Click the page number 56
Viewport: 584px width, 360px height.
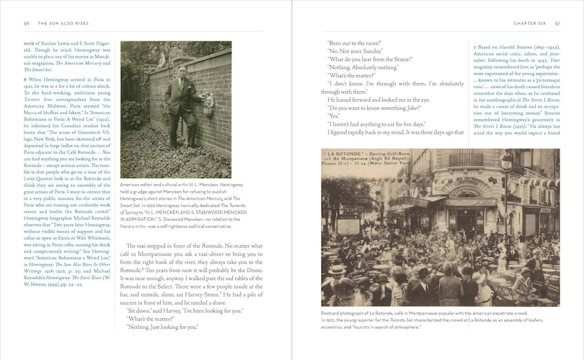26,22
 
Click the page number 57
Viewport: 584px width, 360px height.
557,22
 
